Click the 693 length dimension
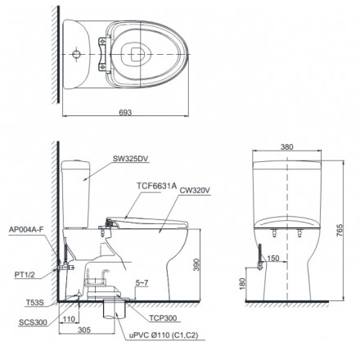[x=125, y=112]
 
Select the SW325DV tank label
[x=130, y=159]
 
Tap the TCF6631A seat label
[x=156, y=186]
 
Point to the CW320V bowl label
[x=195, y=191]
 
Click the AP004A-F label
[x=26, y=229]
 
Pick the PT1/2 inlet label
[x=25, y=275]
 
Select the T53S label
[x=34, y=303]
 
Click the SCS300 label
[x=33, y=322]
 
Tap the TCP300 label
[x=163, y=318]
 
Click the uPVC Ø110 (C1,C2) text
[x=164, y=335]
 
